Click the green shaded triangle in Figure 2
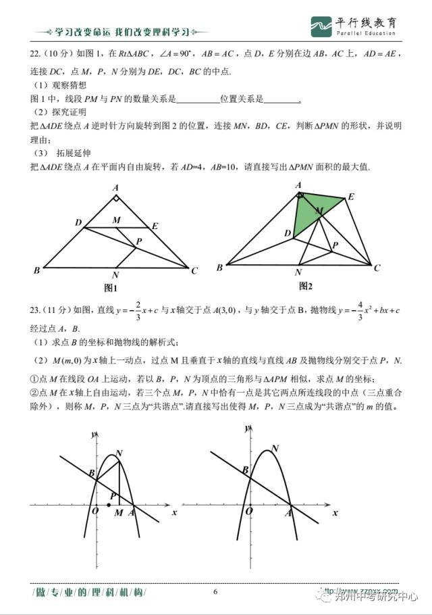coord(309,212)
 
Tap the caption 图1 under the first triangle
coord(111,287)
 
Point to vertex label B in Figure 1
coord(36,271)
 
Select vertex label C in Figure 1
coord(194,271)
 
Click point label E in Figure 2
coord(351,197)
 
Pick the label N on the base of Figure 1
coord(116,275)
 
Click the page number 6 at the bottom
coord(215,591)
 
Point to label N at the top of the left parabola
coord(119,453)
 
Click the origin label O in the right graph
coord(249,512)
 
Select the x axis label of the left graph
coord(174,513)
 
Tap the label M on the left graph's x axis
coord(119,513)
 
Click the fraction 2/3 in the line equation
coord(138,310)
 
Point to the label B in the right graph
coord(246,470)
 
